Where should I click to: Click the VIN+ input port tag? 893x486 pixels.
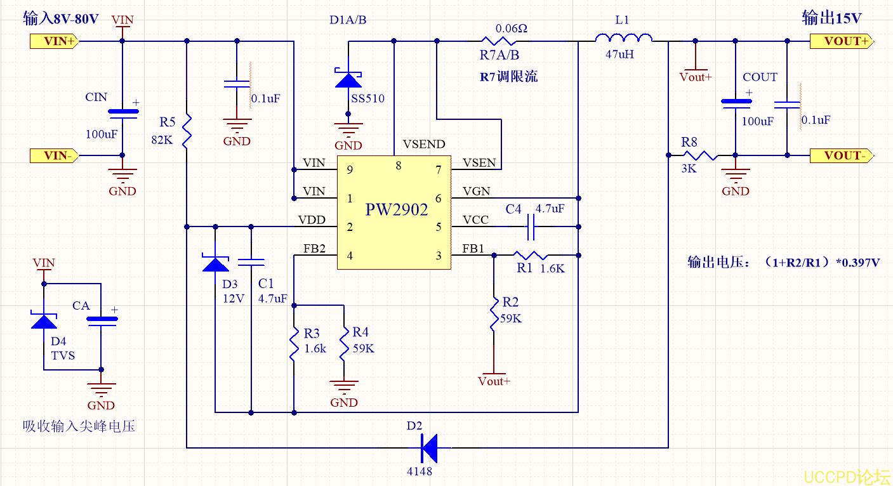pos(55,42)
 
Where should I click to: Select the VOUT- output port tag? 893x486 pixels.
pos(841,155)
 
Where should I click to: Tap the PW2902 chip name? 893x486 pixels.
pos(397,210)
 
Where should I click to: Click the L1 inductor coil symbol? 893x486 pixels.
pos(623,39)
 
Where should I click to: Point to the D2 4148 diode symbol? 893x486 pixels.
pos(430,447)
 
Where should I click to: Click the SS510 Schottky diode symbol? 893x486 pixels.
pos(348,78)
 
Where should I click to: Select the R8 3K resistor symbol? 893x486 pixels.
pos(700,155)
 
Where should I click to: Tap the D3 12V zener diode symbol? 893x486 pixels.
pos(215,263)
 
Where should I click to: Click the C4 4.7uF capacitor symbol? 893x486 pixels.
pos(532,226)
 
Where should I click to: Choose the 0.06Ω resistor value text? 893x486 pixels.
pos(512,29)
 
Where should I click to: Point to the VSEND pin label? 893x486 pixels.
pos(424,145)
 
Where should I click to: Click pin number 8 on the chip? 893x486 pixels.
pos(399,166)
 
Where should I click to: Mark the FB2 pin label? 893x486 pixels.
pos(314,249)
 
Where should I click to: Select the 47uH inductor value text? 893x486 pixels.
pos(620,55)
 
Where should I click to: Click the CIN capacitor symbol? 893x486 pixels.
pos(122,113)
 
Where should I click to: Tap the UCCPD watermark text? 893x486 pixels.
pos(847,476)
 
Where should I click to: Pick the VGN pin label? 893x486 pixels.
pos(476,192)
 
